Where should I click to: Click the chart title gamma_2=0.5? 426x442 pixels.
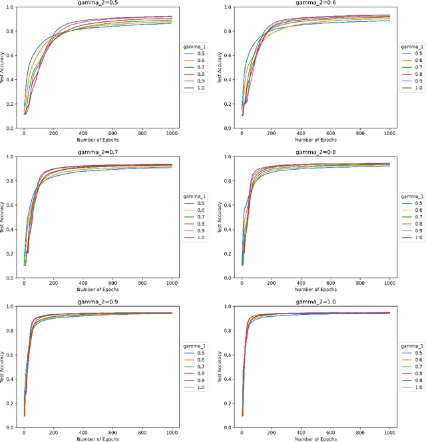(x=97, y=3)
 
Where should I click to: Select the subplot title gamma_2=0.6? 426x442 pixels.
(x=315, y=3)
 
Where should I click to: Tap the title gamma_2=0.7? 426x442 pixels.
(x=97, y=152)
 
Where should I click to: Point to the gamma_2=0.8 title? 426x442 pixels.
(x=315, y=152)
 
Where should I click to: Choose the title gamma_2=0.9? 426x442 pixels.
(x=97, y=302)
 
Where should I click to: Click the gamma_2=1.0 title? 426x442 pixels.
(x=315, y=302)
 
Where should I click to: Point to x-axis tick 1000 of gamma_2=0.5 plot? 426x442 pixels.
(x=172, y=134)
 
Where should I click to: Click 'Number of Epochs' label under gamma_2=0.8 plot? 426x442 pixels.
(x=315, y=290)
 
